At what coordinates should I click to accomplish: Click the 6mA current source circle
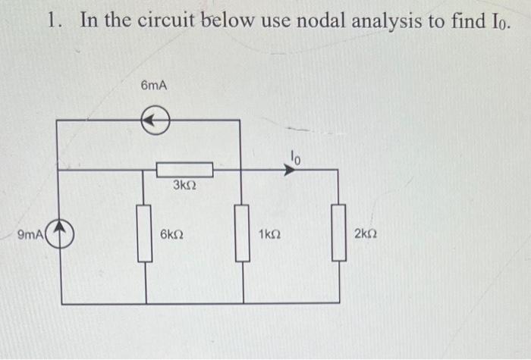(155, 120)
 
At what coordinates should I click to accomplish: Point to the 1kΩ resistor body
(242, 233)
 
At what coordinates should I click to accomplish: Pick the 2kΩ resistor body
(338, 233)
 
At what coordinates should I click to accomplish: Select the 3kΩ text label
(184, 186)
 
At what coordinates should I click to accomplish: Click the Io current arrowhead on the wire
(289, 171)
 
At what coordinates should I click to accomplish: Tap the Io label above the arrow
(295, 157)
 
